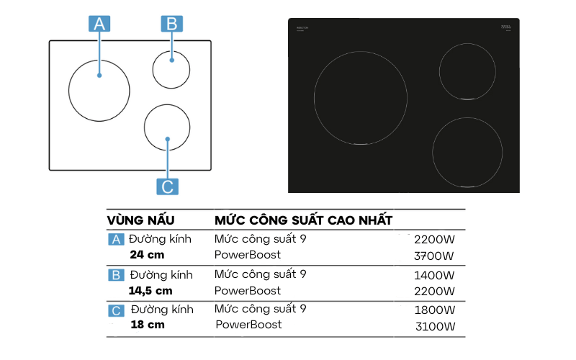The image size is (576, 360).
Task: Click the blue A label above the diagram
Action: coord(99,24)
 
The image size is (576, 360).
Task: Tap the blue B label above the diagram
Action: coord(171,24)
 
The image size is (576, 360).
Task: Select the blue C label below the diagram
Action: coord(167,186)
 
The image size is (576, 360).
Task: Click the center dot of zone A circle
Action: coord(99,75)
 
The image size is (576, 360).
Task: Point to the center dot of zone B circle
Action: coord(171,60)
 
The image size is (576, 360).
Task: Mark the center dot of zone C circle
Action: coord(167,138)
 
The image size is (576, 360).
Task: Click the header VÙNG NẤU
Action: coord(141,220)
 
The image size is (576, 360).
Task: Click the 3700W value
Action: coord(435,256)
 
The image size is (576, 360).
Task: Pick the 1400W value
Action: coord(435,275)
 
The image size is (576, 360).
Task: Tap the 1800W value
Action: coord(435,310)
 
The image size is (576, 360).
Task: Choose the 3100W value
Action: coord(435,327)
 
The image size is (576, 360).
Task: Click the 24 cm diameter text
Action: coord(148,255)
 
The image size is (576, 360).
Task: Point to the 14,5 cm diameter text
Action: coord(150,290)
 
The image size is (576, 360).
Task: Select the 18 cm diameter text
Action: coord(148,325)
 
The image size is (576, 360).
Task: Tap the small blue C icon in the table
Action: coord(116,310)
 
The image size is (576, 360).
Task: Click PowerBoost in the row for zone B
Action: coord(248,291)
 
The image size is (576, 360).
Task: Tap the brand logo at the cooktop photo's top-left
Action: coord(303,27)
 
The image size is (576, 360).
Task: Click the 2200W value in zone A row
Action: coord(435,239)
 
